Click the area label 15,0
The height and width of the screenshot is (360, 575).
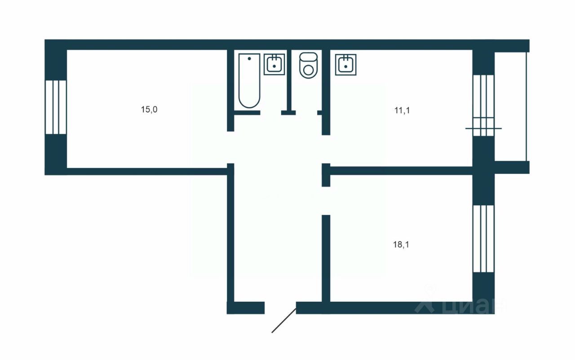point(149,110)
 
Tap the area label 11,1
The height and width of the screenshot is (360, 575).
point(402,110)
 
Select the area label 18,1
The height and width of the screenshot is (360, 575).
point(401,245)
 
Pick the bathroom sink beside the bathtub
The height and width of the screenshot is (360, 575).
point(274,64)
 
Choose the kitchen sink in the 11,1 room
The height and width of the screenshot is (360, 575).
point(345,64)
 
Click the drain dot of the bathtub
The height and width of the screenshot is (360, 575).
point(249,59)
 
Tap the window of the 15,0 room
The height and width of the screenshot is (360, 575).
point(56,107)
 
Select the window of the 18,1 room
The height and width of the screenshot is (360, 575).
point(483,238)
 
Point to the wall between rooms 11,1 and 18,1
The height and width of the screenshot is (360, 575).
point(400,171)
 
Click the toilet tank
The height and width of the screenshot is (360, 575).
point(308,57)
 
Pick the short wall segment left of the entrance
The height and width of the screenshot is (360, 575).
point(246,308)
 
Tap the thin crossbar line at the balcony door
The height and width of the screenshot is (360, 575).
point(483,128)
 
